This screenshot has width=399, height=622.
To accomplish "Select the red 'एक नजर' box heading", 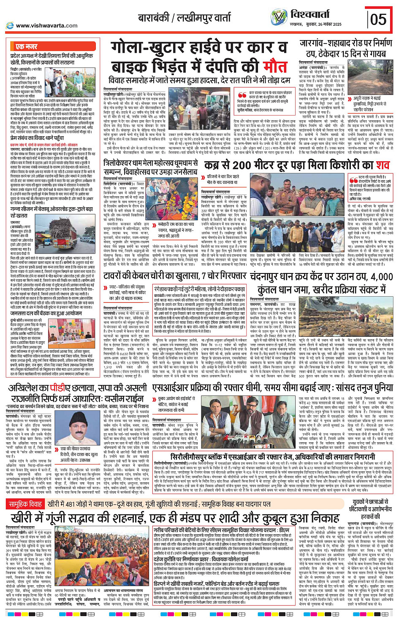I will (26, 46).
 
